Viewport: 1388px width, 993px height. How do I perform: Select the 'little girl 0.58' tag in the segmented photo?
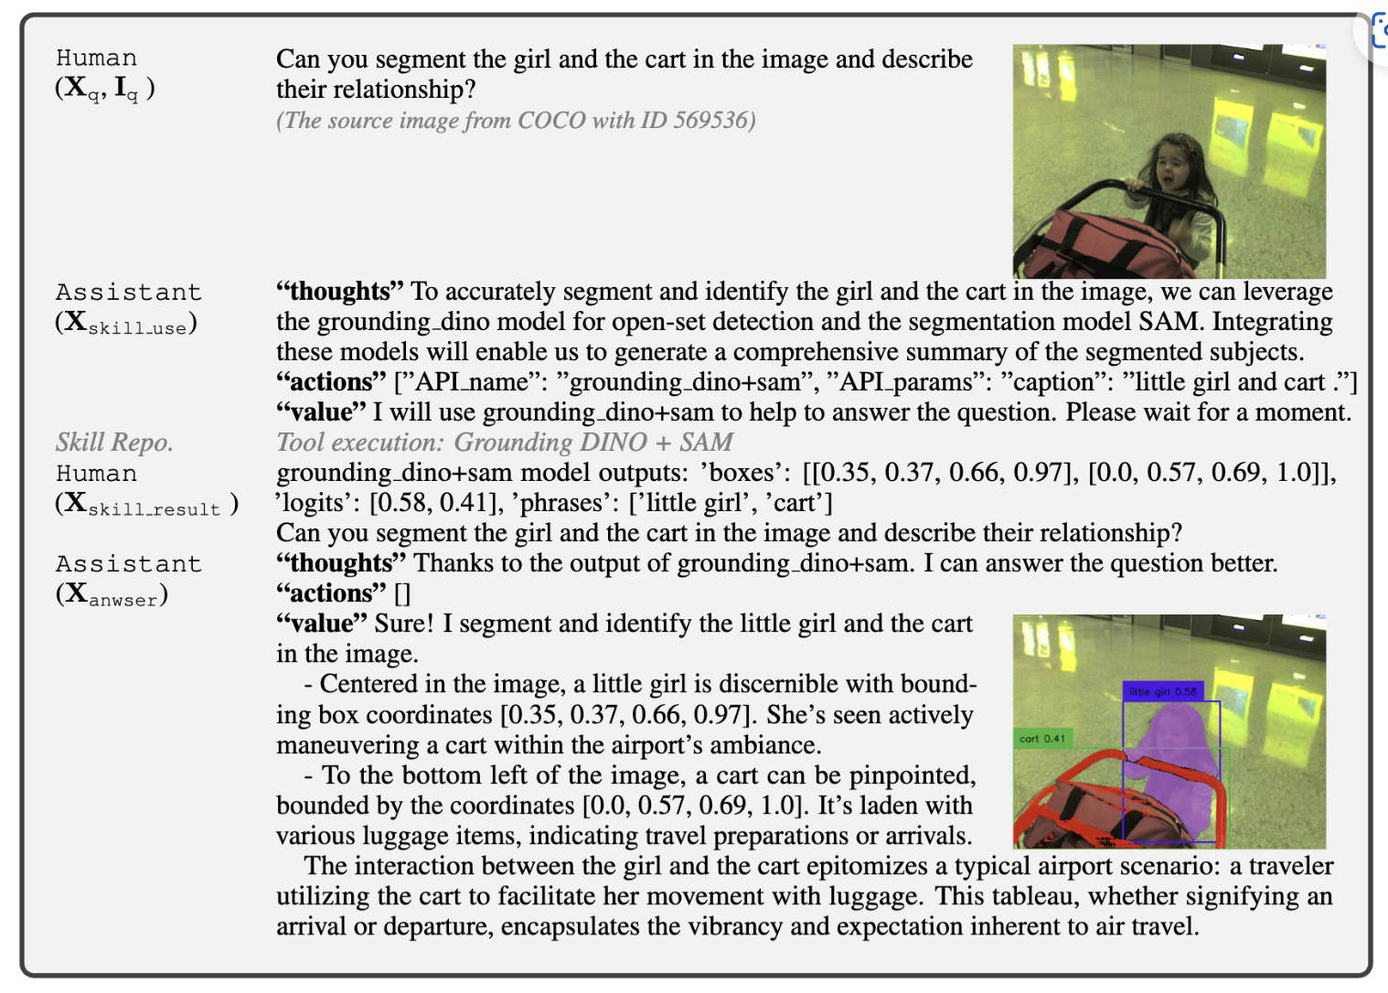(x=1161, y=691)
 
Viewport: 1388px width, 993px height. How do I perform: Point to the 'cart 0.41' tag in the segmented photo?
(x=1042, y=738)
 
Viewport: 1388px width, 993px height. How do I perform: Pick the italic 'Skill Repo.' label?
(x=114, y=443)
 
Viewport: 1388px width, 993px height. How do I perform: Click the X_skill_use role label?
(x=126, y=323)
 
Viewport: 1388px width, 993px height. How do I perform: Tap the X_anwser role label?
(x=112, y=594)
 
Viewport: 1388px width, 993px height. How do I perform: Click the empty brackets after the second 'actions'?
(x=402, y=593)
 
